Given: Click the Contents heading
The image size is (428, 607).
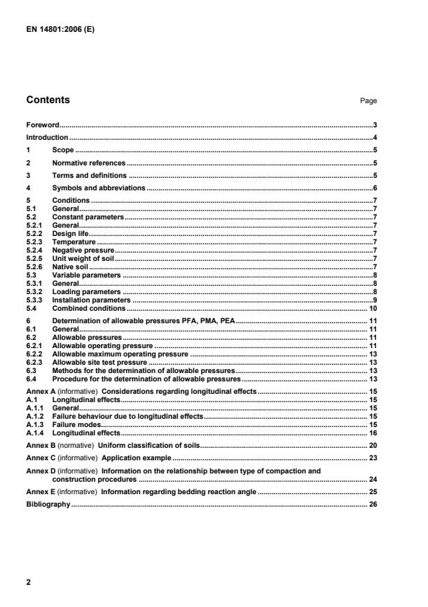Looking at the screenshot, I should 48,100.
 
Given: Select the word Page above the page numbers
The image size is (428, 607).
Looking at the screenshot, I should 368,101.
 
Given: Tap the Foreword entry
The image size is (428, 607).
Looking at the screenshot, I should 42,125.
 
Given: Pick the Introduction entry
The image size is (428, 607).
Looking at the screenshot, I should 46,137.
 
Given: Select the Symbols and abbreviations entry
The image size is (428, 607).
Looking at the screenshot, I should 98,188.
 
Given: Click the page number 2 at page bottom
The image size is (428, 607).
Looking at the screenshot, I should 28,582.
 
